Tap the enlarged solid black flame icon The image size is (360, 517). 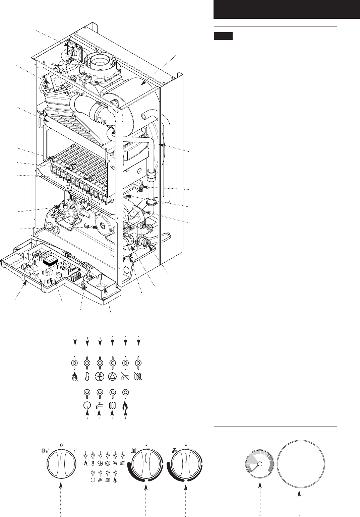126,405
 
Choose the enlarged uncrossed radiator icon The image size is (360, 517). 113,405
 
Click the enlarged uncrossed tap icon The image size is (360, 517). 100,405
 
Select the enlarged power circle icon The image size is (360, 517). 87,405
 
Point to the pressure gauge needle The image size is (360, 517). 256,467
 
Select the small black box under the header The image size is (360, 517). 223,36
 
